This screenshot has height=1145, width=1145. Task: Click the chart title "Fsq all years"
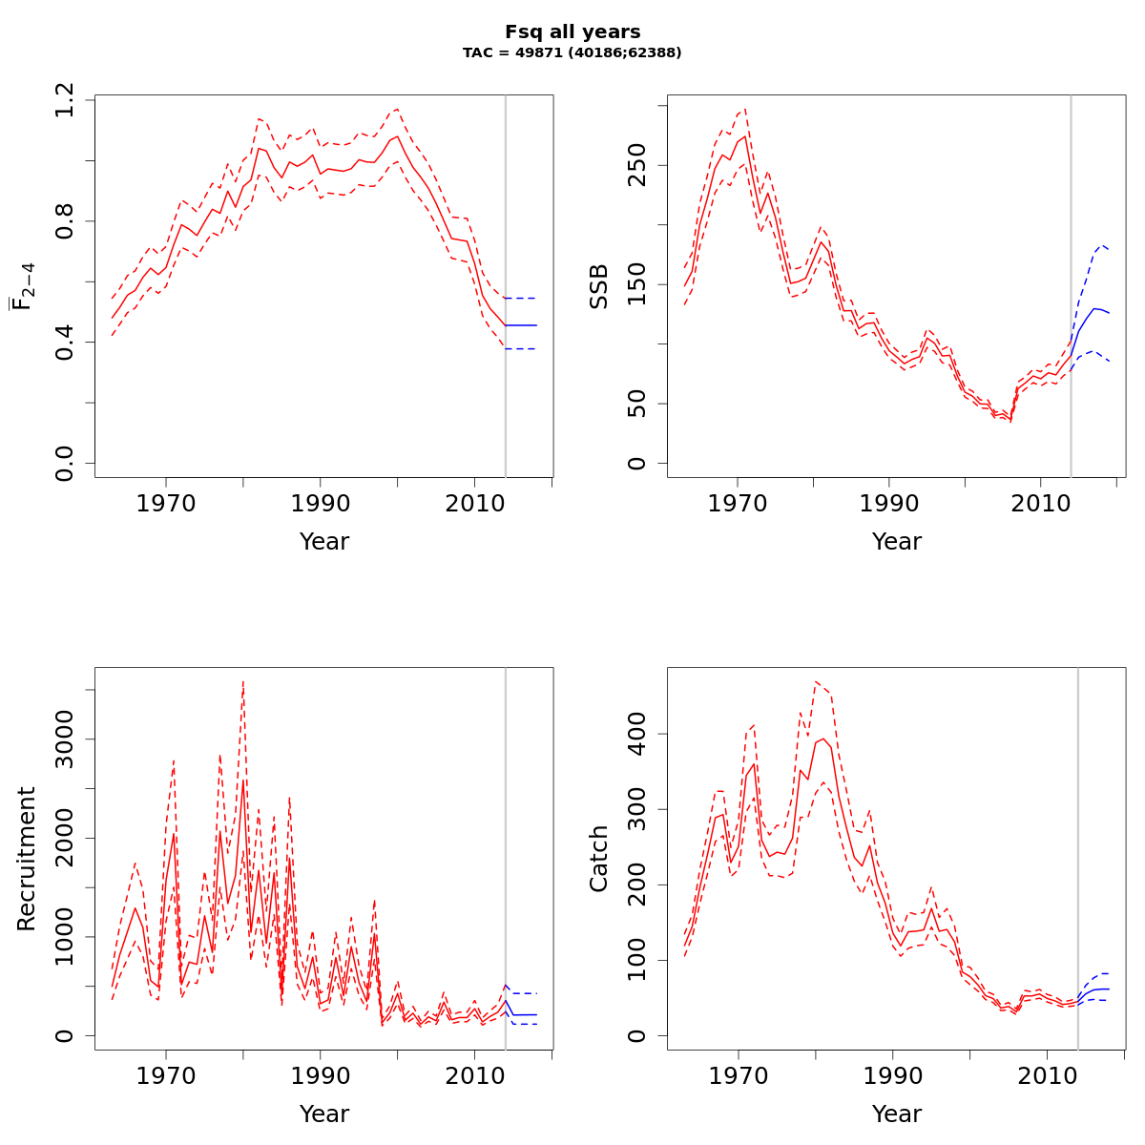point(572,32)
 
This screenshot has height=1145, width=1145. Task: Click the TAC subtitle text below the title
point(572,53)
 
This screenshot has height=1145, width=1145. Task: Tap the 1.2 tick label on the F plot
point(65,99)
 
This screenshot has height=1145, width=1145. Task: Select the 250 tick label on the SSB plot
point(637,165)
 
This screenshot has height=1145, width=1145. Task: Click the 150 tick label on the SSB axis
point(637,284)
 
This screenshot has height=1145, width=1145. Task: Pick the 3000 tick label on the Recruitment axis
point(65,739)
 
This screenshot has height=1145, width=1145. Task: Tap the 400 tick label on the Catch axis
point(637,734)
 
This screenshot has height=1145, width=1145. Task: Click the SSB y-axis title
point(599,286)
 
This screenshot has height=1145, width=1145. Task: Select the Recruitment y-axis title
point(27,859)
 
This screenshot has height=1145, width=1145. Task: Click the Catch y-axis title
point(599,859)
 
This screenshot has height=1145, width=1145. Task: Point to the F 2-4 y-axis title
point(23,286)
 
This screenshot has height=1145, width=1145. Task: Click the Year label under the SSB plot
point(897,542)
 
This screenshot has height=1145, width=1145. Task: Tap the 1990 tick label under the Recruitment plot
point(320,1075)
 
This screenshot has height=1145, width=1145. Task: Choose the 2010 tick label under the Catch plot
point(1046,1075)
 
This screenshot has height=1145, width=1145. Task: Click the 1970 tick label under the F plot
point(166,503)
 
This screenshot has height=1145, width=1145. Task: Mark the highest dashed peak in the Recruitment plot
point(243,682)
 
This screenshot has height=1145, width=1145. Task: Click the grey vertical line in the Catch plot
point(1078,859)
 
